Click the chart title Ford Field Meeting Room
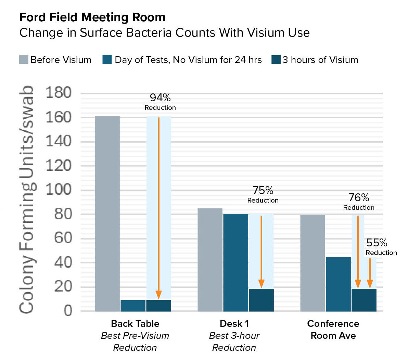tap(92, 17)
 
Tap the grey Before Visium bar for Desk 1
tap(210, 260)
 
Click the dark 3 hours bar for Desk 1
tap(261, 300)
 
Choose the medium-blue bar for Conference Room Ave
tap(338, 284)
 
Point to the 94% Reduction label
tap(160, 102)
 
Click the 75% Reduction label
tap(263, 194)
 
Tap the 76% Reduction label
tap(359, 202)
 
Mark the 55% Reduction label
tap(379, 247)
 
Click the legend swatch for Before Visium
tap(23, 60)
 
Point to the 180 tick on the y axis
tap(59, 93)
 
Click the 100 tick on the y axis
tap(59, 190)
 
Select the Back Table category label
tap(135, 324)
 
